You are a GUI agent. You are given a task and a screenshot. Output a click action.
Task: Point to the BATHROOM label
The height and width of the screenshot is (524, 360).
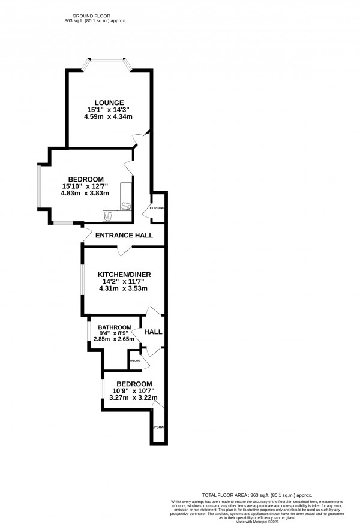(x=115, y=327)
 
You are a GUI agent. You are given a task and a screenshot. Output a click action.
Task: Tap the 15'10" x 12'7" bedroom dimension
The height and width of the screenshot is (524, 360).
(x=86, y=186)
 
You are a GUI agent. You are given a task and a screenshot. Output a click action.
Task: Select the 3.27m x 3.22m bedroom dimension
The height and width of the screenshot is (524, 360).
(x=133, y=397)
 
